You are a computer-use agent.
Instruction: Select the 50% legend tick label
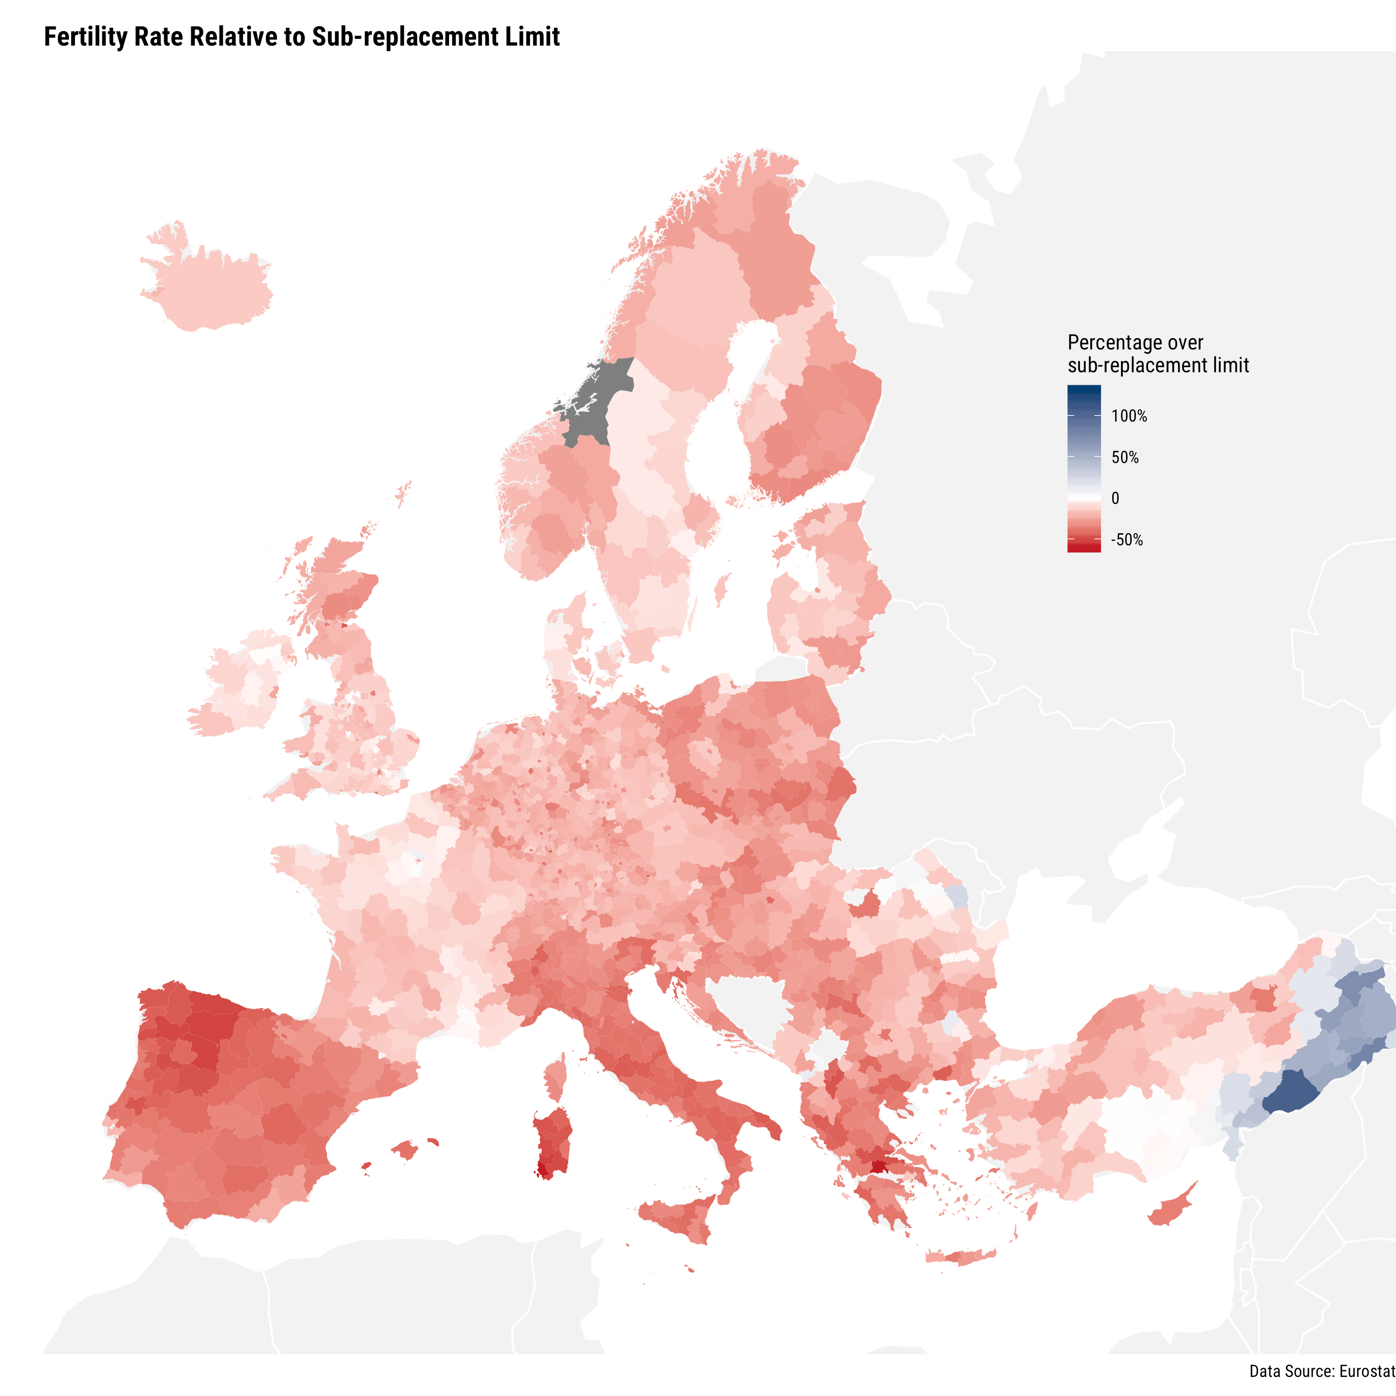(x=1125, y=457)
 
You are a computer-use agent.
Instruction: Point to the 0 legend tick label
(x=1115, y=498)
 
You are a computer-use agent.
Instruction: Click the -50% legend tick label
(x=1127, y=540)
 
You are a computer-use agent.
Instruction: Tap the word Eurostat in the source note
(x=1367, y=1371)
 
